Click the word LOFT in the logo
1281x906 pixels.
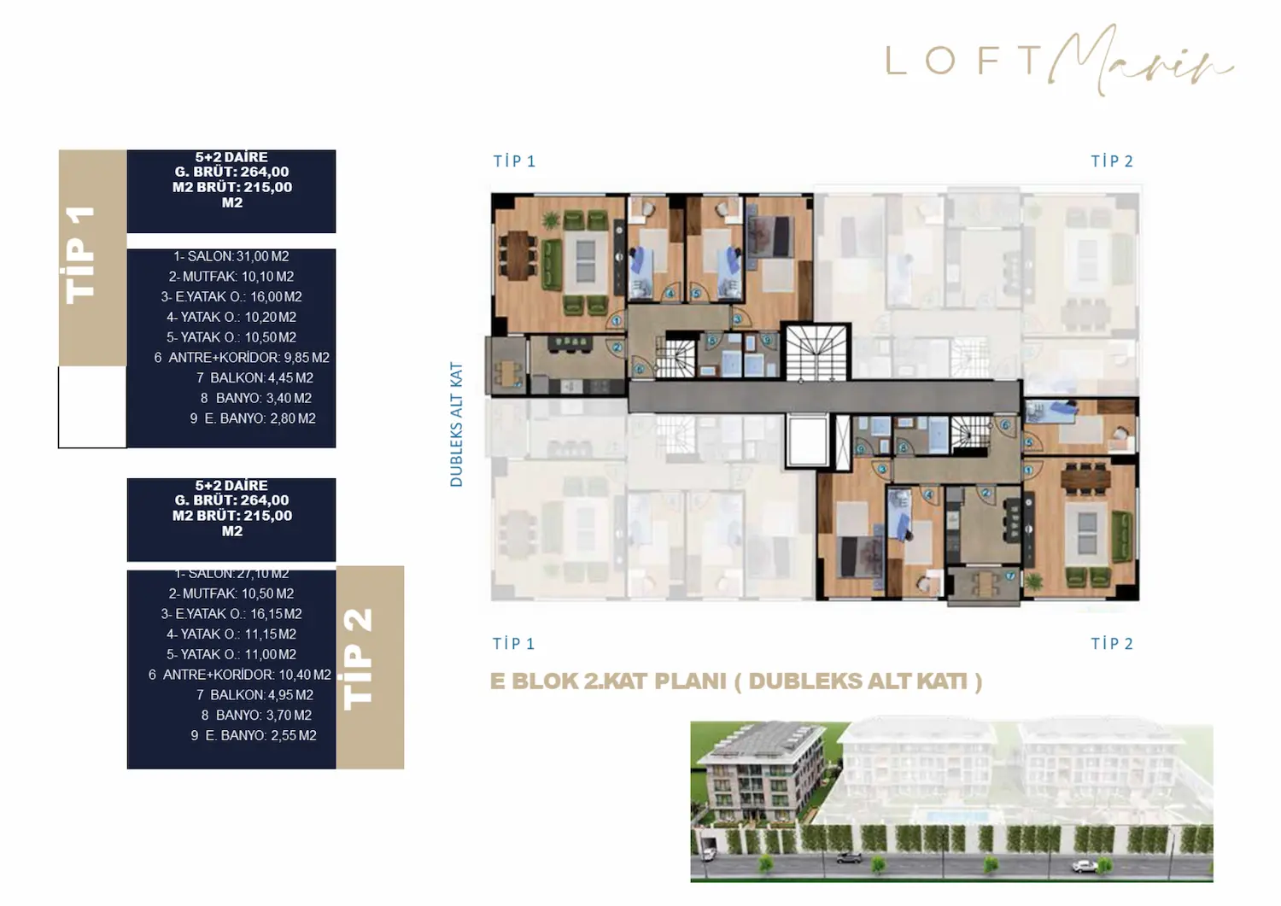[x=963, y=61]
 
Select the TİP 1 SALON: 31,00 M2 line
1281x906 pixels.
[x=231, y=256]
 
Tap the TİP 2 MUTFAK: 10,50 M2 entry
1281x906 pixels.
[x=231, y=593]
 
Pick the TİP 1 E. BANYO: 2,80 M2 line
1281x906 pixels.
[x=253, y=418]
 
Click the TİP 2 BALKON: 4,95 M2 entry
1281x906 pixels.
[x=254, y=695]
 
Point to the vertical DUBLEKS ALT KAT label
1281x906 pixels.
[x=456, y=424]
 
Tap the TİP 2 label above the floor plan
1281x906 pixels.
[x=1111, y=161]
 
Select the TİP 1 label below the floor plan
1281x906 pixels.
[x=513, y=644]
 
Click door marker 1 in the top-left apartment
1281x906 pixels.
[x=616, y=321]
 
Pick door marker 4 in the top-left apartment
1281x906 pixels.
[x=670, y=294]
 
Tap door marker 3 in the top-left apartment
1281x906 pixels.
[x=736, y=319]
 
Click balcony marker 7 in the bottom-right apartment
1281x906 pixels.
[x=1010, y=576]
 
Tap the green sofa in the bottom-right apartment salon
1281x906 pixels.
[x=1120, y=524]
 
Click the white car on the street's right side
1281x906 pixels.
[x=1084, y=866]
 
